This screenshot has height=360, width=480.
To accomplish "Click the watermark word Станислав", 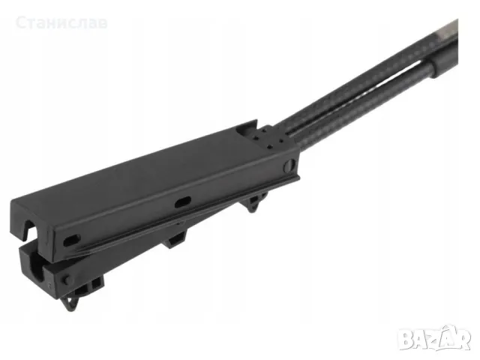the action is coord(61,23).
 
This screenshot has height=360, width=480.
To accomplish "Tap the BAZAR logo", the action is coord(436,337).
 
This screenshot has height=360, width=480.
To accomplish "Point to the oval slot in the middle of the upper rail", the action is coord(183,202).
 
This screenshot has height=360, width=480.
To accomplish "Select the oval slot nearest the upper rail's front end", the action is coord(72,240).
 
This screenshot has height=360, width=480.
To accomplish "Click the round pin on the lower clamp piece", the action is coord(65,279).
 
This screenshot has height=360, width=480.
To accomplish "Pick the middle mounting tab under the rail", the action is coord(175,239).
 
